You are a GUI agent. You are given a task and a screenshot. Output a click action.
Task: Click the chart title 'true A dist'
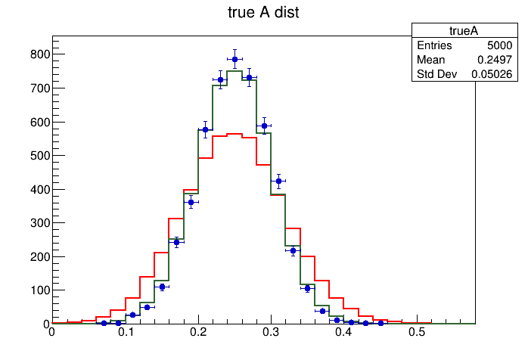click(x=264, y=13)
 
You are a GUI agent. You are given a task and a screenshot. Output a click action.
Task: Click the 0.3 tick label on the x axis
click(x=272, y=332)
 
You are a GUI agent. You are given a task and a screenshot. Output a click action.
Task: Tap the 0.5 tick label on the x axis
click(x=417, y=332)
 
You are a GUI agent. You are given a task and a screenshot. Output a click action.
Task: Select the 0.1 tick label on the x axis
click(x=125, y=332)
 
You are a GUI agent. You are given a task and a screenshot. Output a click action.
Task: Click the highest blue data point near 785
click(x=234, y=59)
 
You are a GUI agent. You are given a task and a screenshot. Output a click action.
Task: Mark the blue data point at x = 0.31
click(x=278, y=181)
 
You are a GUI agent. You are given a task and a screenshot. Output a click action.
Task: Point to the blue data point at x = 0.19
click(x=191, y=202)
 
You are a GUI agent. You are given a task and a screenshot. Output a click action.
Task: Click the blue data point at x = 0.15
click(x=162, y=287)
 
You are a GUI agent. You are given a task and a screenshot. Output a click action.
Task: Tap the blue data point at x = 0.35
click(x=307, y=288)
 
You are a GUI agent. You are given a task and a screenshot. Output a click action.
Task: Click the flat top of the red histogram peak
click(x=234, y=134)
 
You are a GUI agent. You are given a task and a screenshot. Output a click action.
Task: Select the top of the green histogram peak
click(x=234, y=71)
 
